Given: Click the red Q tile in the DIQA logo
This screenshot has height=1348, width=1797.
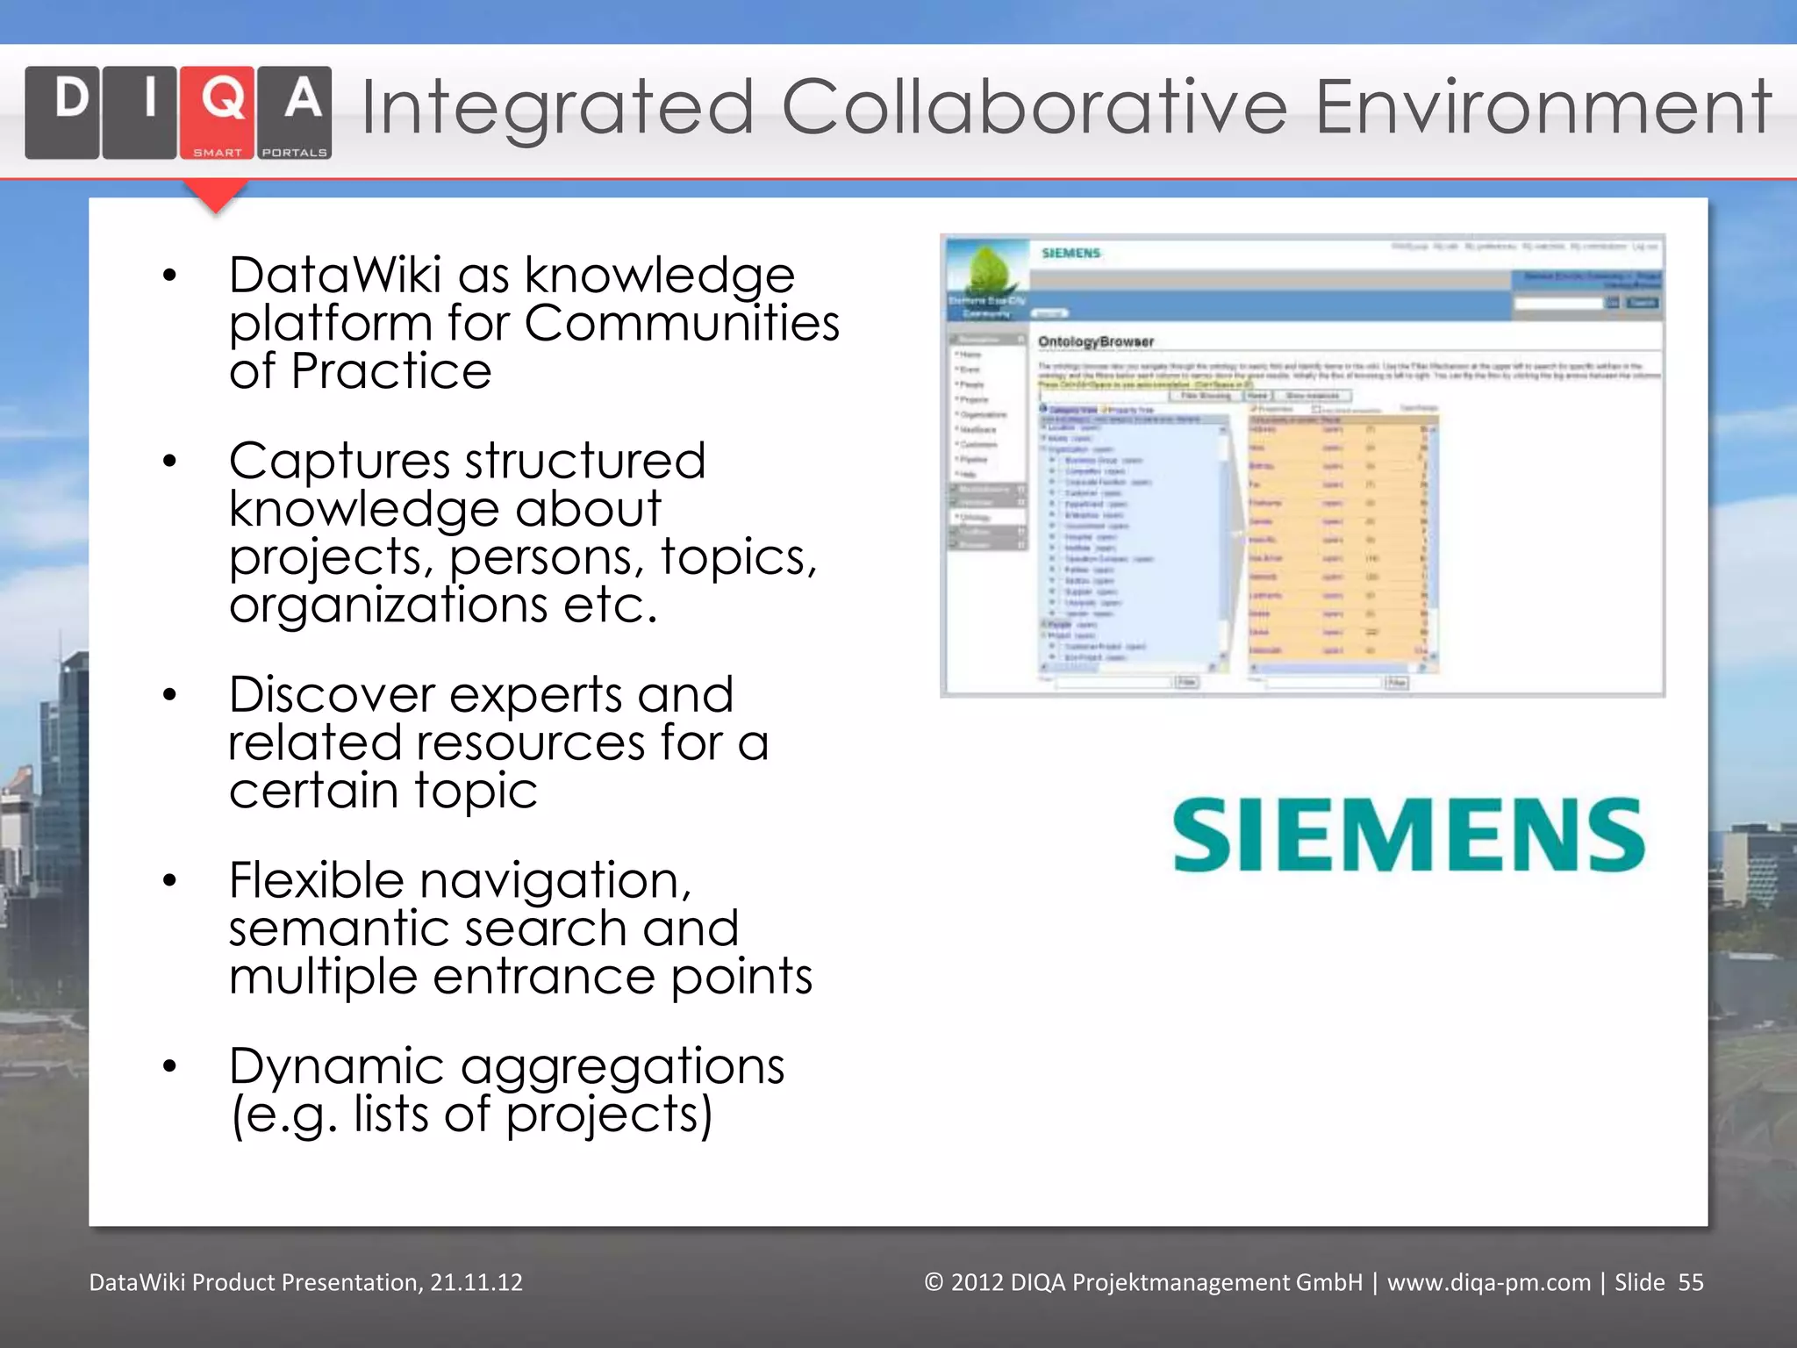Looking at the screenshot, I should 218,111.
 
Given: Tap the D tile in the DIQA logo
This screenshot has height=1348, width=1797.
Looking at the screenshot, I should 62,111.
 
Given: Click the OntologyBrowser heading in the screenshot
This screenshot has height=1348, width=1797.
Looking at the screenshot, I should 1096,341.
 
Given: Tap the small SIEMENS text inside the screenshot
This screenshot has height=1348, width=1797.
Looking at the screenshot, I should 1070,254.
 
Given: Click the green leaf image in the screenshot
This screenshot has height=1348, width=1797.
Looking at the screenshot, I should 990,268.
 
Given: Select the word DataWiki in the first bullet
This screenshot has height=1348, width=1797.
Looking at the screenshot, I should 334,275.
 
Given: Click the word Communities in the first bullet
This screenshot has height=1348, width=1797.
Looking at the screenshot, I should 682,323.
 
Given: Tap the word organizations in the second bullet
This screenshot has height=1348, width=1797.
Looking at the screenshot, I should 388,605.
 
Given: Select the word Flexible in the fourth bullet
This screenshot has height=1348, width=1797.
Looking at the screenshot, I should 316,880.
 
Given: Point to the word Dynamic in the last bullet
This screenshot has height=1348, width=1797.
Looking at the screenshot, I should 336,1066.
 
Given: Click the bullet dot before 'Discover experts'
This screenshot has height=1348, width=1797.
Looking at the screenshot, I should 170,695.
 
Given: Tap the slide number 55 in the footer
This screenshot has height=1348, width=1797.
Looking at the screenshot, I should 1690,1282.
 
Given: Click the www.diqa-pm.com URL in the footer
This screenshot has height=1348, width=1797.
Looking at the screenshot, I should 1488,1282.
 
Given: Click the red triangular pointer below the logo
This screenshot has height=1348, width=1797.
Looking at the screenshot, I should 216,196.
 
